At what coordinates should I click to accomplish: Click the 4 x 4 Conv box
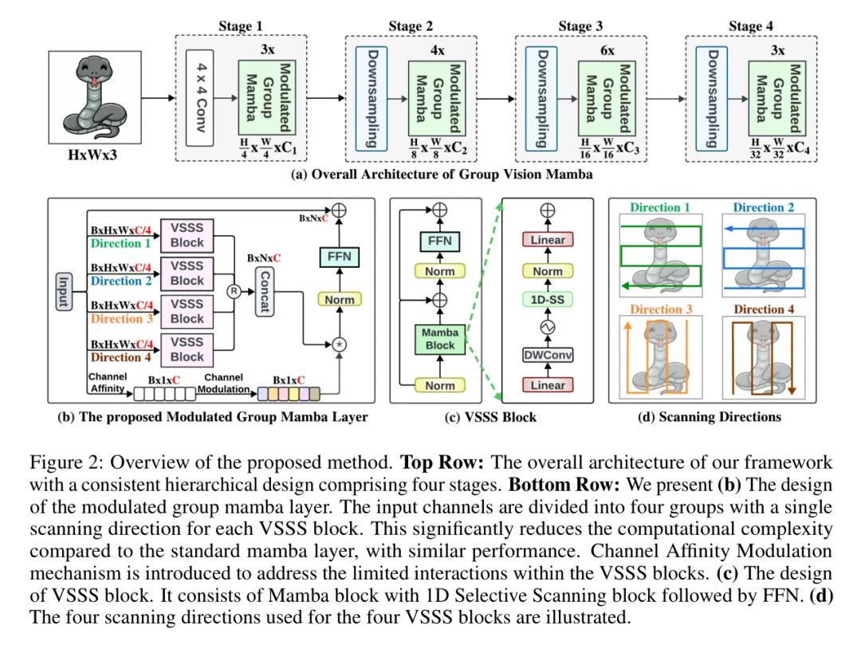pyautogui.click(x=202, y=98)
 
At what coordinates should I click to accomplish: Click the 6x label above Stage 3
pyautogui.click(x=607, y=49)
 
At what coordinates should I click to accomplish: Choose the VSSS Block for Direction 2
pyautogui.click(x=187, y=272)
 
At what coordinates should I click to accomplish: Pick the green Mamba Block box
pyautogui.click(x=440, y=337)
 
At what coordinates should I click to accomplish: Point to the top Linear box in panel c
pyautogui.click(x=548, y=240)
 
